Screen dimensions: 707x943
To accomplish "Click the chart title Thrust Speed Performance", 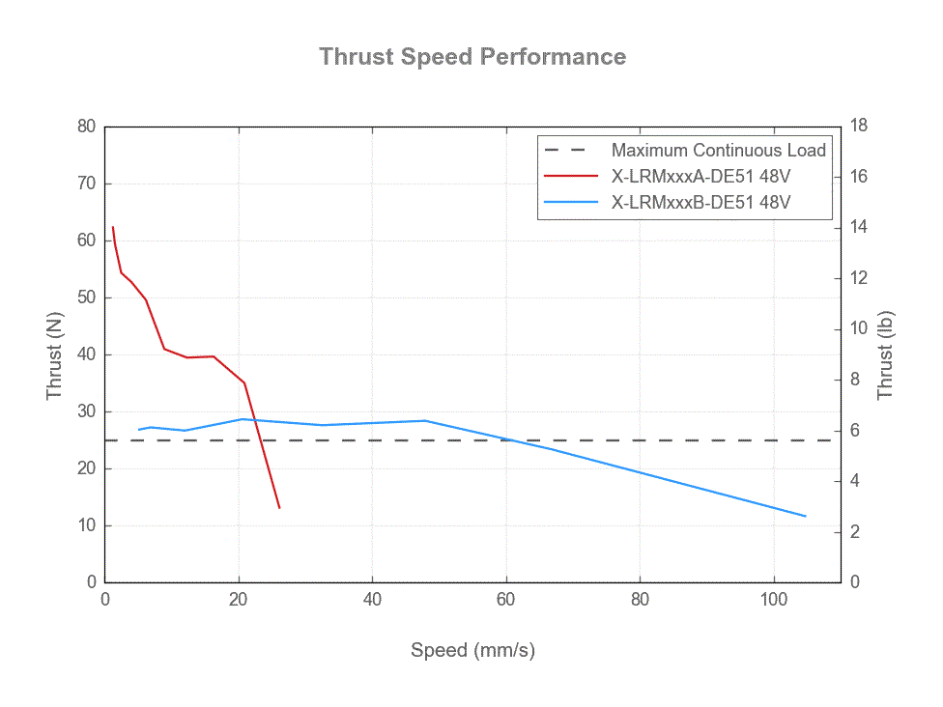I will point(472,57).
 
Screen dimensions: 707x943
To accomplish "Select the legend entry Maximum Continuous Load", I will point(718,151).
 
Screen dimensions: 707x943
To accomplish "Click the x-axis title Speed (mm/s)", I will point(472,650).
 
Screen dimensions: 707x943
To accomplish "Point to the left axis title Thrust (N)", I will point(55,354).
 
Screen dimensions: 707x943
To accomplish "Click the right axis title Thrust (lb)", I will point(885,354).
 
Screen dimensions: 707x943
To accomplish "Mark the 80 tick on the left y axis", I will point(87,127).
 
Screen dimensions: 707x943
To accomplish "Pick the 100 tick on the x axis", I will point(773,599).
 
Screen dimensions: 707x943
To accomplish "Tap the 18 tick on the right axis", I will point(857,127).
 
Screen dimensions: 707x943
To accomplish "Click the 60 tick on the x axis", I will point(506,599).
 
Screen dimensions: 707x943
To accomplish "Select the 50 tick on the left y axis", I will point(87,297).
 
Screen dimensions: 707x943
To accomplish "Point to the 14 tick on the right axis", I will point(857,227).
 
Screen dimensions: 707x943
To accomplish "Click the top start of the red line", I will point(113,228).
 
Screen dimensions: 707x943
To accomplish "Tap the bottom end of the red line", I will point(279,508).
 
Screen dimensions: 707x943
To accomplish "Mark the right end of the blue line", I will point(805,516).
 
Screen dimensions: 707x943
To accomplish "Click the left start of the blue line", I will point(139,430).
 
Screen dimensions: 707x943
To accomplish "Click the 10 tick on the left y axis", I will point(87,525).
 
